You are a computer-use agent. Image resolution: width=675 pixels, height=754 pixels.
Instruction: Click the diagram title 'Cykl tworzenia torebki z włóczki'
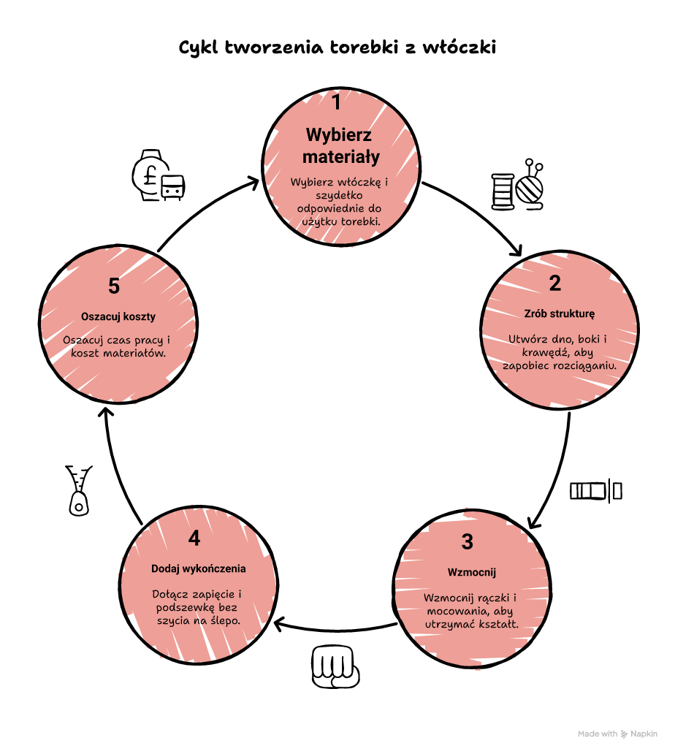tap(337, 47)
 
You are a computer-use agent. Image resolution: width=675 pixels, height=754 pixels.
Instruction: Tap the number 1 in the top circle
tap(337, 102)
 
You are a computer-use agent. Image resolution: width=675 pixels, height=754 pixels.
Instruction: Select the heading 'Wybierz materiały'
tap(340, 145)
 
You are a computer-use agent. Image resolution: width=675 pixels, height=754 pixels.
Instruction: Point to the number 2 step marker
tap(554, 283)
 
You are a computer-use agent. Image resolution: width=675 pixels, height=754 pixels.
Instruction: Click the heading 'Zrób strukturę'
tap(559, 313)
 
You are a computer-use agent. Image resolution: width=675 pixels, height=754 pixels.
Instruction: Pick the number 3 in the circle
tap(468, 542)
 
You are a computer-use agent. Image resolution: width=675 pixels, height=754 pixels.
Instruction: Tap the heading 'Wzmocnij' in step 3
tap(472, 572)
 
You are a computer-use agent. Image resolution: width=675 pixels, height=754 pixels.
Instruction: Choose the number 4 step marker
tap(194, 538)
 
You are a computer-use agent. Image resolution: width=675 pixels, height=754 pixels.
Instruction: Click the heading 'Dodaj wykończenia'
tap(198, 569)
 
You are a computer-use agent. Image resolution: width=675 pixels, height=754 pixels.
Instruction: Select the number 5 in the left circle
tap(114, 286)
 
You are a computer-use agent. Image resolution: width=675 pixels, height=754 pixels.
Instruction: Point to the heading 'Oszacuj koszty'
tap(118, 317)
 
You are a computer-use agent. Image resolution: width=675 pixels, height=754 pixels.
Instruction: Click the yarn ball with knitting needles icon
tap(530, 185)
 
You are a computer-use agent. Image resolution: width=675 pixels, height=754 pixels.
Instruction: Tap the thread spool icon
tap(503, 192)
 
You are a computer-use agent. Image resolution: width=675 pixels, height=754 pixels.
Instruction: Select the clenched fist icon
tap(335, 666)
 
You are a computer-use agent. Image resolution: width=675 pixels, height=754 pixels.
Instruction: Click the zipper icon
tap(78, 490)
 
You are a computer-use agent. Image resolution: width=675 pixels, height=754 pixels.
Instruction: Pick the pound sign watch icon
tap(158, 175)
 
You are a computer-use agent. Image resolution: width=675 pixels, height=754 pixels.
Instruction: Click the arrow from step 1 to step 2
tap(478, 212)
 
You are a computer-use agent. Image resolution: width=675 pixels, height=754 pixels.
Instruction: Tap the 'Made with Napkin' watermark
tap(617, 734)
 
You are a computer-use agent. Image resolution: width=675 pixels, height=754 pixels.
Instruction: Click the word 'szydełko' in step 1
tap(339, 195)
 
